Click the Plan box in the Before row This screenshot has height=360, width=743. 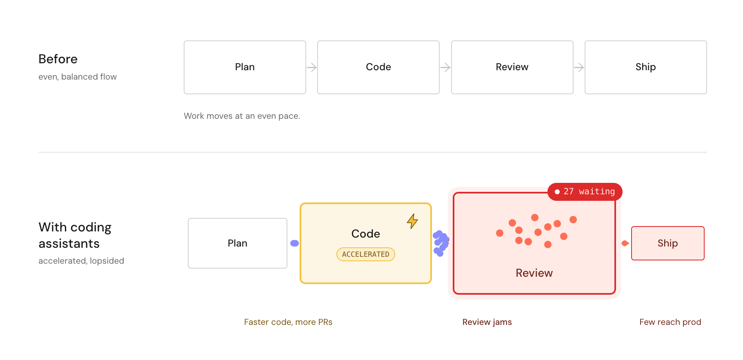[245, 67]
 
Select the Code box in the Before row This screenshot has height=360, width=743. [378, 67]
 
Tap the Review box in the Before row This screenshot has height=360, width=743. [512, 67]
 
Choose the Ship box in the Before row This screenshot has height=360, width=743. [646, 67]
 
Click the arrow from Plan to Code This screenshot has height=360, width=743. [312, 67]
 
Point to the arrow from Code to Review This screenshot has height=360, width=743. [445, 67]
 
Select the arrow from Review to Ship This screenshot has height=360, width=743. [579, 67]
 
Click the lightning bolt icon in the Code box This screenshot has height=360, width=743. [412, 221]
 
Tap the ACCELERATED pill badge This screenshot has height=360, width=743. [366, 254]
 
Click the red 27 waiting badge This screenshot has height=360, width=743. [585, 191]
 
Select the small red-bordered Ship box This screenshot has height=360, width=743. [668, 243]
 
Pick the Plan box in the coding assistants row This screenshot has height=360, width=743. [238, 243]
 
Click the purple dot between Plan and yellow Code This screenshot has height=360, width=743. [294, 243]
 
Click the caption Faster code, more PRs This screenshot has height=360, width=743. [288, 322]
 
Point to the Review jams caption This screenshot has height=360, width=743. [487, 322]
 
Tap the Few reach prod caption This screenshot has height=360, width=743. [670, 322]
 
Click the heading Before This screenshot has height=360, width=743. [58, 59]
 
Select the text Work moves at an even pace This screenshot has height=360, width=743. [242, 116]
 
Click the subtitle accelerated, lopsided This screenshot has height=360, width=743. [81, 261]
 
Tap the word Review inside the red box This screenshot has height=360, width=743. [534, 273]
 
